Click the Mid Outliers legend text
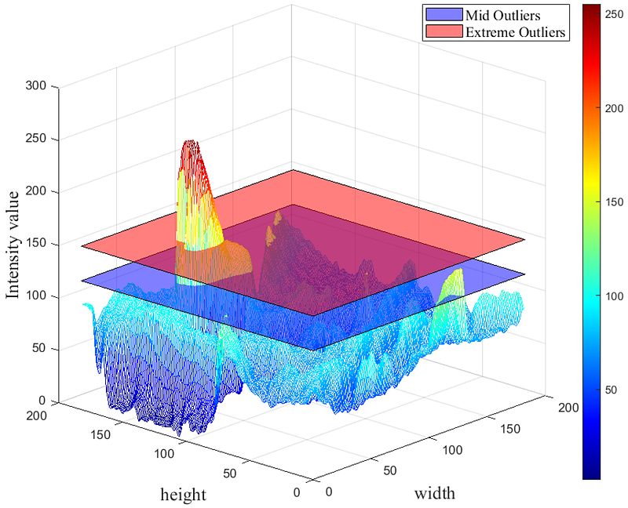(x=502, y=15)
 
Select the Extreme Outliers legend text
(x=516, y=32)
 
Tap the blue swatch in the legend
(x=443, y=15)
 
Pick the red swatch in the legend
(x=443, y=32)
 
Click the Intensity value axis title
(x=13, y=245)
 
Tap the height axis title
(x=184, y=495)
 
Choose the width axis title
(x=434, y=493)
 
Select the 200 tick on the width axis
(x=568, y=407)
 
